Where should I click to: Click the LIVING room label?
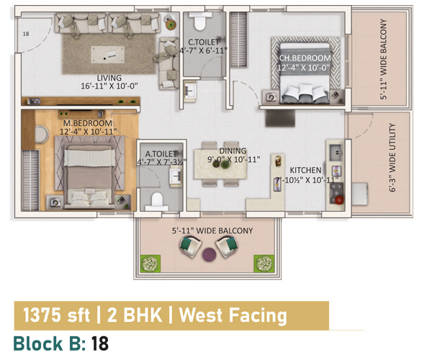[x=110, y=78]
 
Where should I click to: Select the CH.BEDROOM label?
[x=305, y=58]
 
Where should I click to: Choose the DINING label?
[x=233, y=150]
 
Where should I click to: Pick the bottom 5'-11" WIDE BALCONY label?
[x=212, y=230]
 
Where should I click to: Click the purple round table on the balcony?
[x=209, y=253]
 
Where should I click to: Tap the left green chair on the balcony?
[x=189, y=249]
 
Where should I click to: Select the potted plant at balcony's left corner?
[x=151, y=264]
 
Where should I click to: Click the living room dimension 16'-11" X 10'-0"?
[x=110, y=86]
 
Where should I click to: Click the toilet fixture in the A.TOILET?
[x=158, y=197]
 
